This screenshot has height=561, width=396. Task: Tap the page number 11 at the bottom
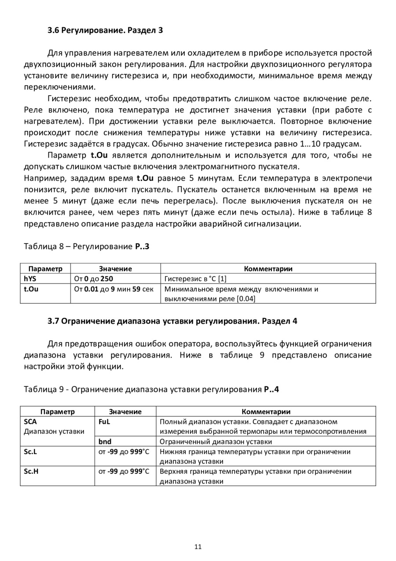(198, 547)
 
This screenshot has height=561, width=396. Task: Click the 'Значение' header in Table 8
(115, 269)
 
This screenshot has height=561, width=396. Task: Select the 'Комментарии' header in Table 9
(266, 412)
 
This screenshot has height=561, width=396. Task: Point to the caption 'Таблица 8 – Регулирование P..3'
(86, 247)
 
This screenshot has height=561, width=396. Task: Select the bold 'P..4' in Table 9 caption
(271, 389)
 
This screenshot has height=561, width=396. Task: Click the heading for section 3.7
(172, 321)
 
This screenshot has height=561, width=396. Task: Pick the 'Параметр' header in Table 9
(57, 412)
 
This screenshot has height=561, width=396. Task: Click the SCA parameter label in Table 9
(30, 421)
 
